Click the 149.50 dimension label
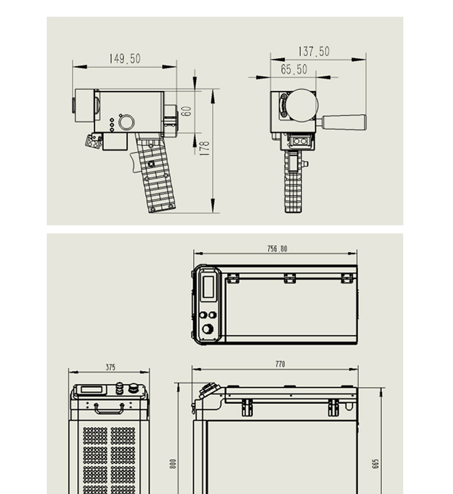(125, 59)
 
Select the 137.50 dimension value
(314, 52)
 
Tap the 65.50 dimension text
(294, 69)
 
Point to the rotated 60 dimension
(187, 111)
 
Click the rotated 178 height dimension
(205, 148)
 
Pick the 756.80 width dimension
(277, 249)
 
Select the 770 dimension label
(280, 364)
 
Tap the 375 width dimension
(110, 368)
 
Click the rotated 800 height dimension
(173, 464)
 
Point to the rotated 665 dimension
(376, 464)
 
